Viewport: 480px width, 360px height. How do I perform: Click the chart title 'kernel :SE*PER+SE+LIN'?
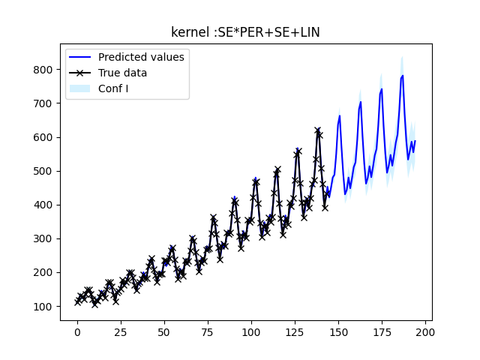tap(246, 32)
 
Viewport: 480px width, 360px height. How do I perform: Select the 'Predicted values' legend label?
tap(141, 57)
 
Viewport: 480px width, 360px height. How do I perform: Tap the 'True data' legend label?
tap(122, 73)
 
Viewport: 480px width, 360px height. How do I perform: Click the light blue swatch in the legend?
tap(79, 88)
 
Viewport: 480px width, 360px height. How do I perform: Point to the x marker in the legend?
tap(79, 73)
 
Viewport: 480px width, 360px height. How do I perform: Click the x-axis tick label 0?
tap(77, 332)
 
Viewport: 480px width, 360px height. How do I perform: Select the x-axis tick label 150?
tap(338, 332)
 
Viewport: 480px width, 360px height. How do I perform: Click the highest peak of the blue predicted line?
tap(403, 75)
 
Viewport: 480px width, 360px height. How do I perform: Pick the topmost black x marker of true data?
tap(318, 130)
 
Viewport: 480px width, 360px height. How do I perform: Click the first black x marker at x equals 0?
tap(77, 302)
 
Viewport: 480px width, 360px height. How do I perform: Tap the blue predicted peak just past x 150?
tap(340, 115)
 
